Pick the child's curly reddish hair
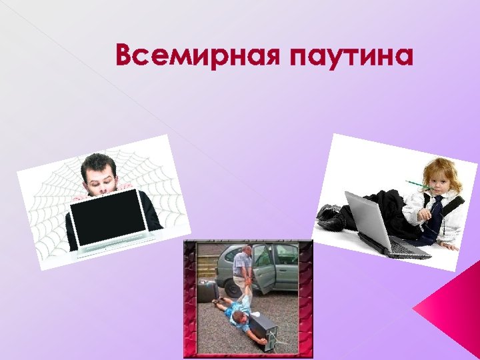pyautogui.click(x=441, y=167)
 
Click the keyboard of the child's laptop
pyautogui.click(x=407, y=249)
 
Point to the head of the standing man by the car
pyautogui.click(x=246, y=250)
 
